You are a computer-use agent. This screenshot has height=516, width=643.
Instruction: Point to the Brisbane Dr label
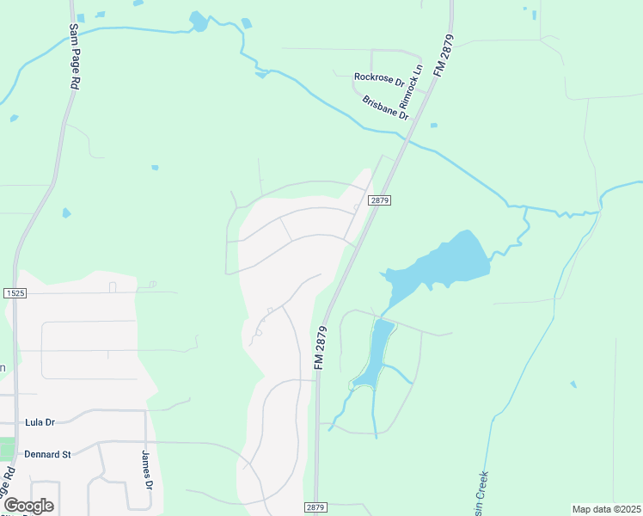click(384, 107)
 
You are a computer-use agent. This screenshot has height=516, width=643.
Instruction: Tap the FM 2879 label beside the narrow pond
click(321, 347)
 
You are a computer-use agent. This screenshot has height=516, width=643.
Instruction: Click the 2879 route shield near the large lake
click(380, 200)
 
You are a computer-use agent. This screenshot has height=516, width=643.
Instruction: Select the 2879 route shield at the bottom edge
click(315, 508)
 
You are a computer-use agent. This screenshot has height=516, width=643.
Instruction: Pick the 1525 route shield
click(14, 293)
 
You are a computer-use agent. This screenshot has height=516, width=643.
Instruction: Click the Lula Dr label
click(40, 422)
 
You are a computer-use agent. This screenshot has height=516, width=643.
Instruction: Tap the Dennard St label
click(47, 453)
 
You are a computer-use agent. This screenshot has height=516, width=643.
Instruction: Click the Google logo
click(29, 506)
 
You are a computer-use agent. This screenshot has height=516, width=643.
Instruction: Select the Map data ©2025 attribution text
click(606, 509)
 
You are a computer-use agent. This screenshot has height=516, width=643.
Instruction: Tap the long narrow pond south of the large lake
click(376, 353)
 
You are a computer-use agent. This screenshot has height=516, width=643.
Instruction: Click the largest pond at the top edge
click(199, 21)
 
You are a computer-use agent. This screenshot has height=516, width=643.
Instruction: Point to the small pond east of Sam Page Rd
click(66, 212)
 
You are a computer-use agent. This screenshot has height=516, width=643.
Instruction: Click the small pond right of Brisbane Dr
click(433, 126)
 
